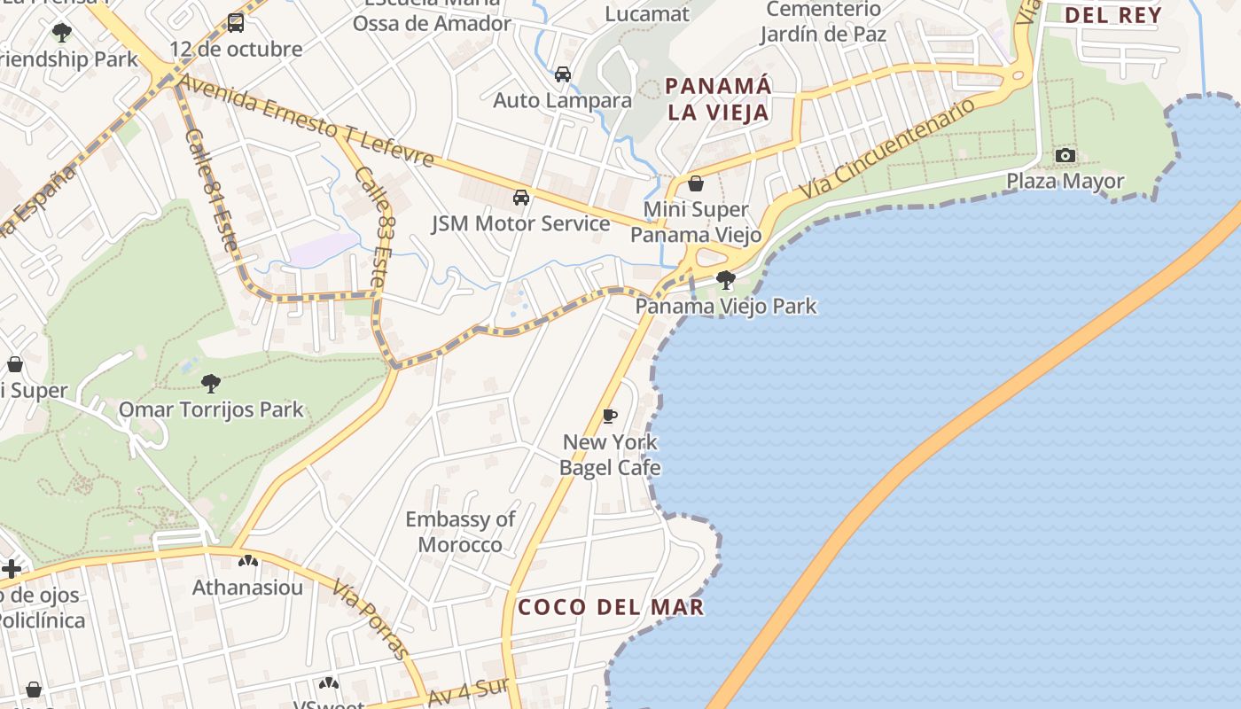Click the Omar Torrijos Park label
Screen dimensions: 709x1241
(x=211, y=409)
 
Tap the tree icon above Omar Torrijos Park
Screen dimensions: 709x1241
(x=211, y=384)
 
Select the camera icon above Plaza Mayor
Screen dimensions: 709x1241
(x=1065, y=156)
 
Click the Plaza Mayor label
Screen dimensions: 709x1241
(x=1065, y=182)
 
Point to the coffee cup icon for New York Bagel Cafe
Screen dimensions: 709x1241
(x=609, y=416)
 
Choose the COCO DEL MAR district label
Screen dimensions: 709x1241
(x=611, y=607)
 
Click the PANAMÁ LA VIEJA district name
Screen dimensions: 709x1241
(x=718, y=99)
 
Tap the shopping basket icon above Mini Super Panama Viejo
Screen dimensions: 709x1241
(x=696, y=183)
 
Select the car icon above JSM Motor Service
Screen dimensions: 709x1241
(x=521, y=197)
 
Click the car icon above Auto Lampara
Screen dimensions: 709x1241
(x=562, y=74)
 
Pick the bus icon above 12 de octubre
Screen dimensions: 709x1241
(x=235, y=23)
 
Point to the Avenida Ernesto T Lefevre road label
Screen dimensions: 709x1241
(x=306, y=121)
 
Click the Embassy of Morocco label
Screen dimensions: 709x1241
(x=460, y=532)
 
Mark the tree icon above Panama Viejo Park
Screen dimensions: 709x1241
(x=726, y=280)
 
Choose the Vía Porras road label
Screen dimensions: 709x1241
(x=372, y=619)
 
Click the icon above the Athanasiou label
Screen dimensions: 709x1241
(x=247, y=561)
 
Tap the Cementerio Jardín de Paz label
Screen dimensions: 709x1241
(x=823, y=22)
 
